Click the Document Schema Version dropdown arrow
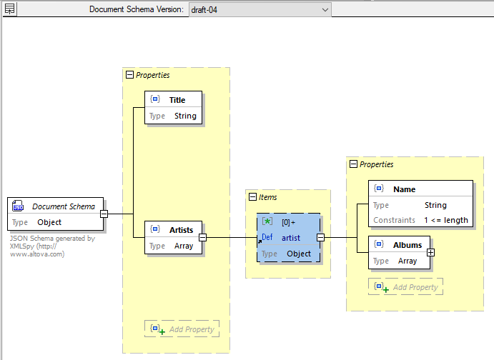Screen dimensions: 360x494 pos(325,9)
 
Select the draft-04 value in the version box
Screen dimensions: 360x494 pos(203,9)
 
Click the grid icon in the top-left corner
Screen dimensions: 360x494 pos(10,9)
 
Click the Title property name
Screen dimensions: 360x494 pos(177,100)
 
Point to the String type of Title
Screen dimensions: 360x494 pos(185,116)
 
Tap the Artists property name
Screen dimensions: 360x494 pos(181,230)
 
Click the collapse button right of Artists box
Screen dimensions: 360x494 pos(202,237)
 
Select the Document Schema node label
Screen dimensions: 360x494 pos(64,206)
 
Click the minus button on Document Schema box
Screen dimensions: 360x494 pos(104,214)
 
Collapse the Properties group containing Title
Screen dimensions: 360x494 pos(129,74)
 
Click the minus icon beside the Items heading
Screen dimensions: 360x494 pos(252,197)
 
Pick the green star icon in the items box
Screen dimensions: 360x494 pos(267,222)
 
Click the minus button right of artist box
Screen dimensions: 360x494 pos(320,237)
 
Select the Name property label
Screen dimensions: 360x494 pos(404,189)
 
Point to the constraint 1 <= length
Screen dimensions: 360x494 pos(445,220)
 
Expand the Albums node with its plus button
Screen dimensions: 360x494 pos(430,252)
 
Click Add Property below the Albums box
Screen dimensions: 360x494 pos(414,287)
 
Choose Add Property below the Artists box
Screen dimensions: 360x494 pos(190,329)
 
